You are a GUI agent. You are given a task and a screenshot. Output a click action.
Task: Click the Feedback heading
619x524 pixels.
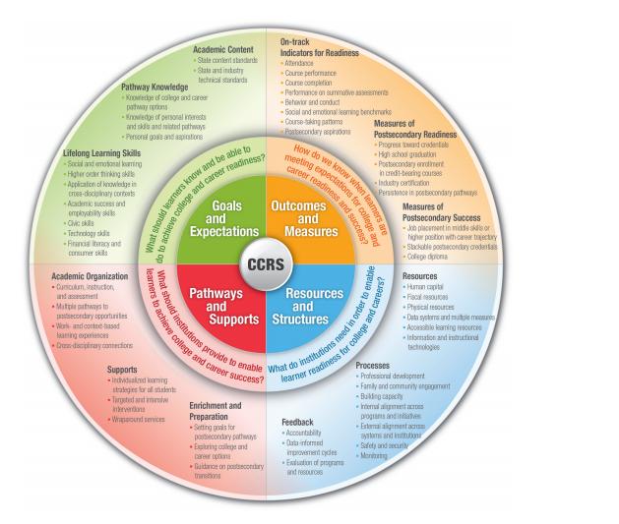(x=297, y=422)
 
